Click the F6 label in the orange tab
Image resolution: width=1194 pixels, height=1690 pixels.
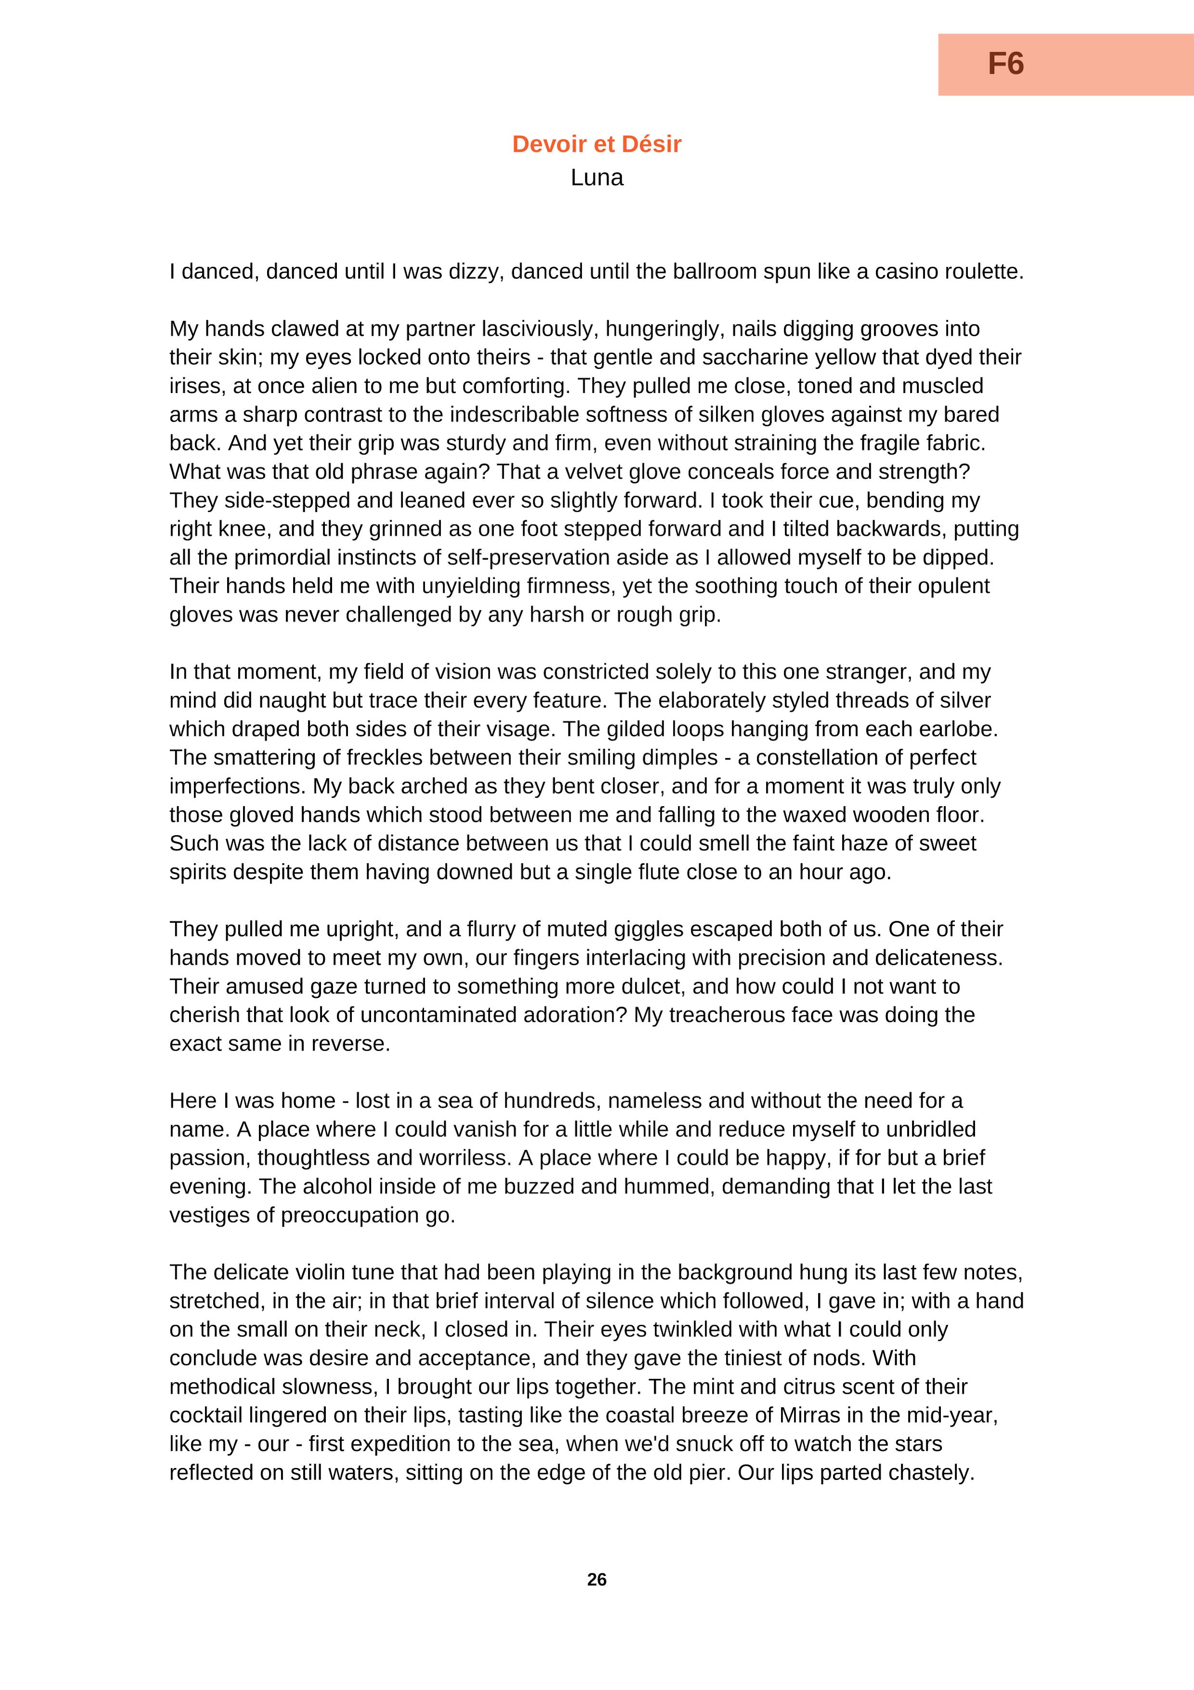[1006, 64]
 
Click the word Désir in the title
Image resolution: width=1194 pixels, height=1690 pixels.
[651, 144]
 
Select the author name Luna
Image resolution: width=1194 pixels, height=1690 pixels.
[597, 177]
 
